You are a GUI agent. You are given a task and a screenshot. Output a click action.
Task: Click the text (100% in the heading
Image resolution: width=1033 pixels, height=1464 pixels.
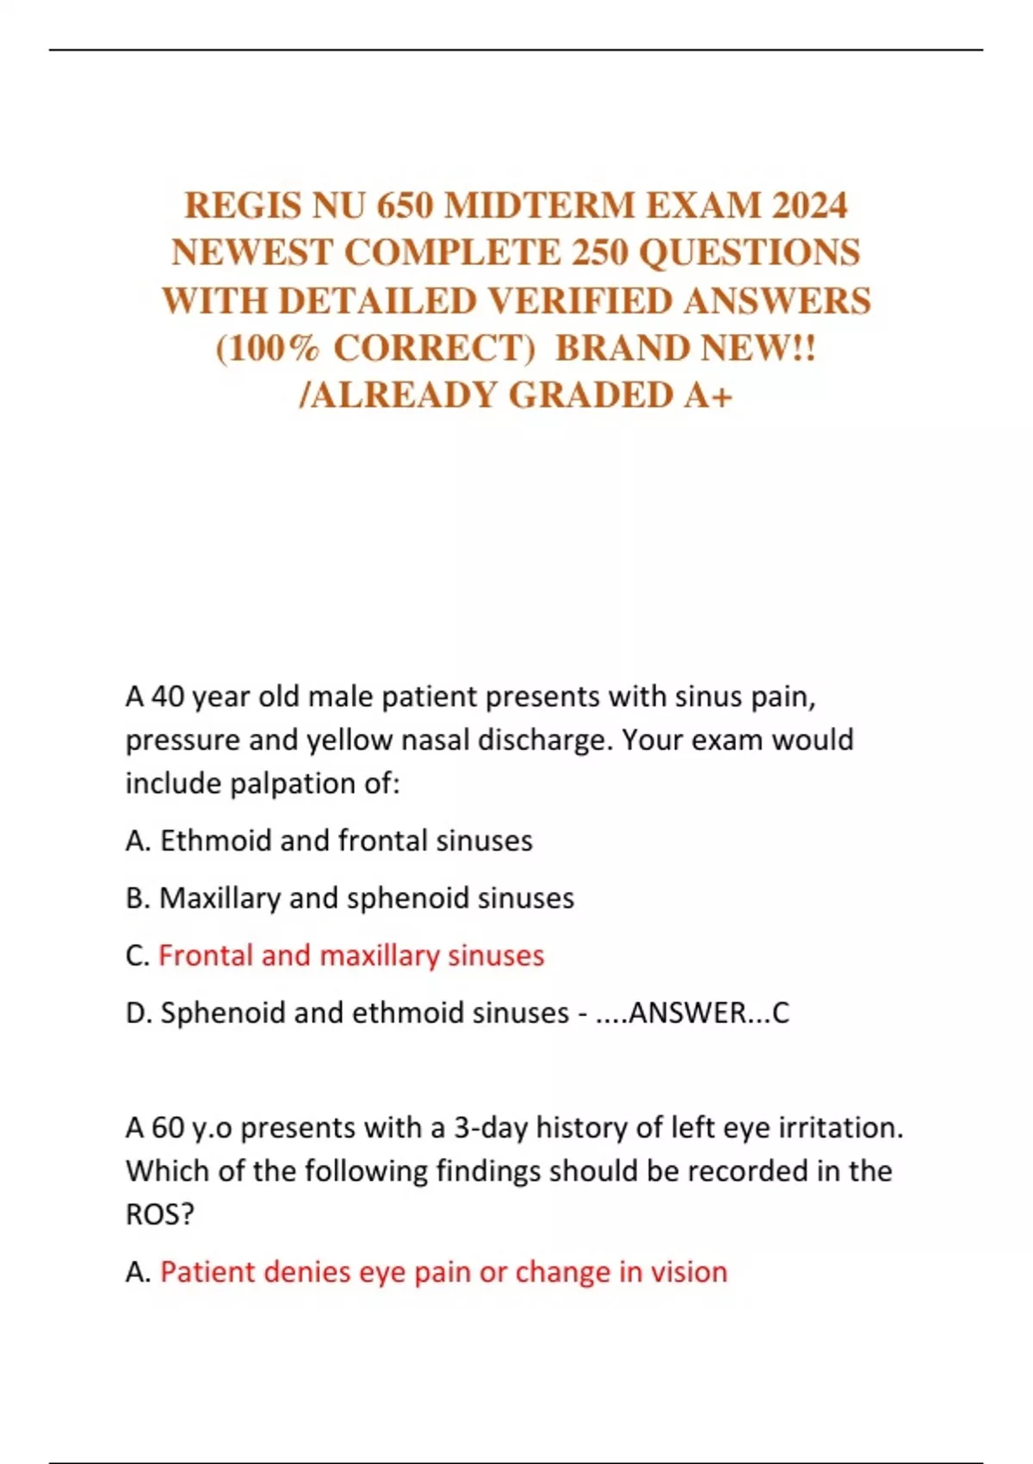(268, 349)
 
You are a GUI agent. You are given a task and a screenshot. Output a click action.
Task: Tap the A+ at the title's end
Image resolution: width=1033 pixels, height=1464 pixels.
(709, 396)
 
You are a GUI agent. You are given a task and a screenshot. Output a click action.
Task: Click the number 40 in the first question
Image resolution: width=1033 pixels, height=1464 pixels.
(168, 697)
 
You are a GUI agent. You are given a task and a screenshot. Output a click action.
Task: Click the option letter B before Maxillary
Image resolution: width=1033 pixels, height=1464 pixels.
(138, 898)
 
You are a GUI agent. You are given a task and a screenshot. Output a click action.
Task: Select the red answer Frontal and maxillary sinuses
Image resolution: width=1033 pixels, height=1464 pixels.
(351, 956)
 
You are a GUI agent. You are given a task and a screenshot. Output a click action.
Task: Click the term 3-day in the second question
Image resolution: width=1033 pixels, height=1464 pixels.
(490, 1128)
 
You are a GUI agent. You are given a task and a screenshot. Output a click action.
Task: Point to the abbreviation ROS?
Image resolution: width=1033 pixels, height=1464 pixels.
(160, 1214)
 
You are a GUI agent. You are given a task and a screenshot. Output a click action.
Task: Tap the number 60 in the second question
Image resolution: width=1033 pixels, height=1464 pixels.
(168, 1128)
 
